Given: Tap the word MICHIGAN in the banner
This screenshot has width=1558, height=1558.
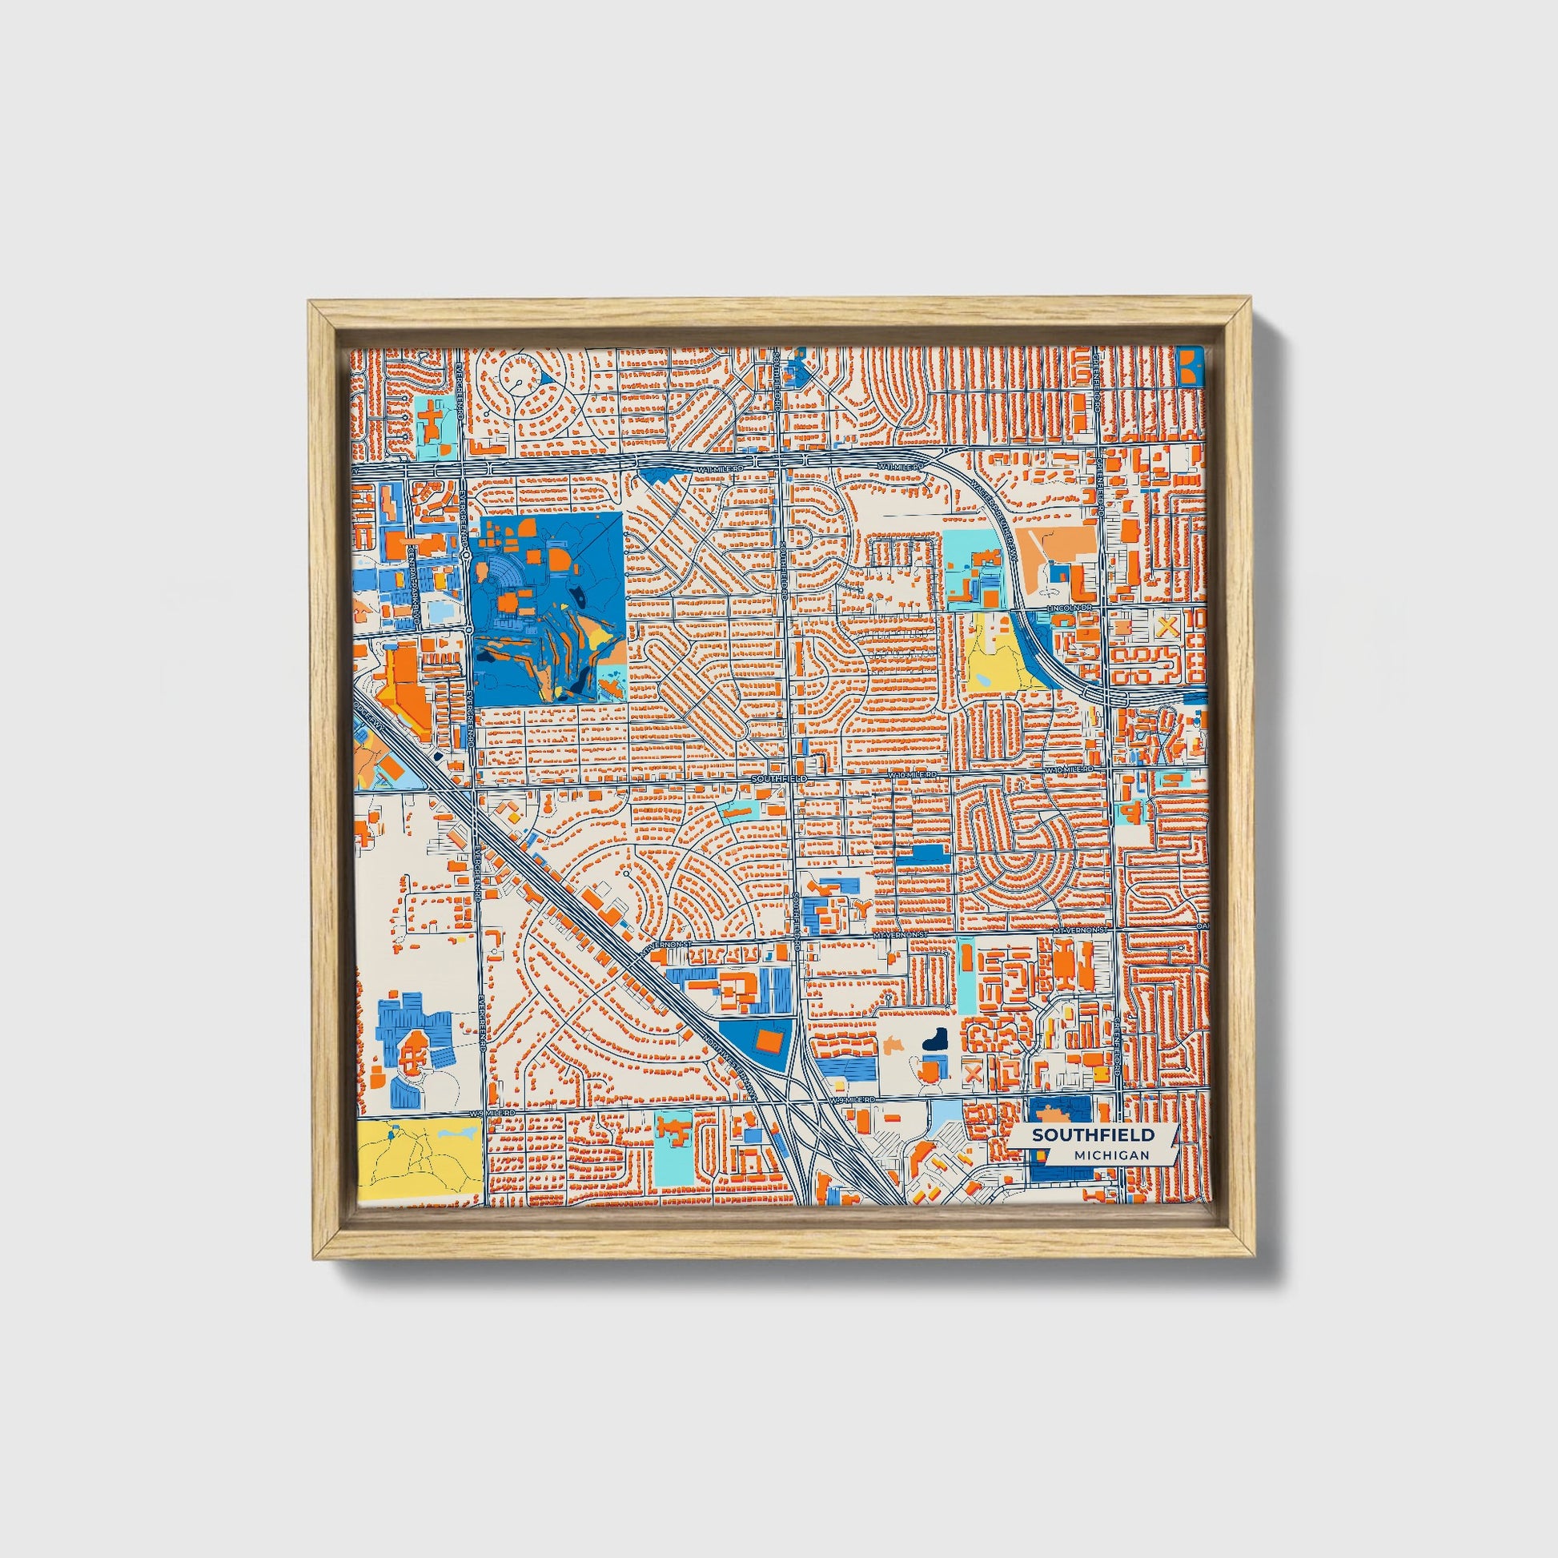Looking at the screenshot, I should pos(1111,1154).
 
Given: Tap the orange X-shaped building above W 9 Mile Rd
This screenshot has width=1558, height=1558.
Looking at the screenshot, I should pos(974,1073).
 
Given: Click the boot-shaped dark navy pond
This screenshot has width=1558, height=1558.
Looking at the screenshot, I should pos(935,1039).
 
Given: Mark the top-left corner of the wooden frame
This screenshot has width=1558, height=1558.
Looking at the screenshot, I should pos(311,302).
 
